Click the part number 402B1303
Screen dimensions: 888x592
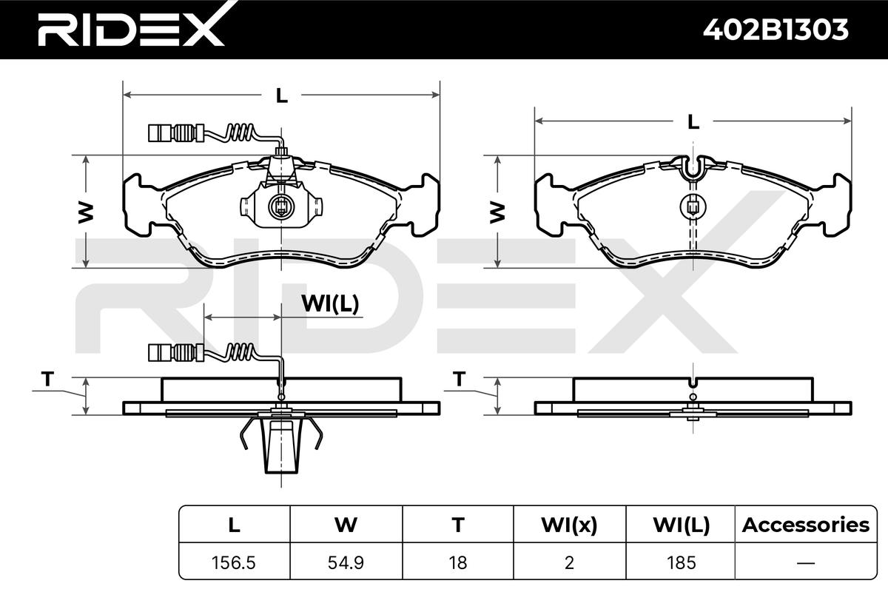pos(776,30)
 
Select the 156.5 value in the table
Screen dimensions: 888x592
pos(234,562)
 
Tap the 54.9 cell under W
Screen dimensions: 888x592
pos(346,562)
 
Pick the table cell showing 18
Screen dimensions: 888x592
pos(458,562)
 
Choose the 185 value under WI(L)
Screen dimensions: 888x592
pos(681,562)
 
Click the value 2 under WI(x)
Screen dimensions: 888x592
pos(569,562)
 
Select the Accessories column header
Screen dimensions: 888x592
pos(806,525)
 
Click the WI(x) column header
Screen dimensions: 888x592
pos(569,525)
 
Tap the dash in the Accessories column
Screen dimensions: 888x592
pos(806,563)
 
